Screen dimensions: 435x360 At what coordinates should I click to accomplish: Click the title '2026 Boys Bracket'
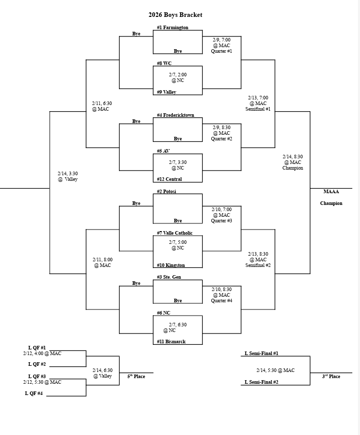point(175,15)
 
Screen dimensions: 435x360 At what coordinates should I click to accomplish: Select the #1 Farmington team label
point(172,28)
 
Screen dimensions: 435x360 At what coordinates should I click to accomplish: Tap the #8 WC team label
point(164,64)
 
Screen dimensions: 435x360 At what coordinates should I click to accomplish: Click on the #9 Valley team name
point(167,92)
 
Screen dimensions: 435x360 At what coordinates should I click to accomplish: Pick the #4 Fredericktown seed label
point(175,115)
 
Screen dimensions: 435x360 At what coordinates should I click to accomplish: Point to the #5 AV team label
point(164,151)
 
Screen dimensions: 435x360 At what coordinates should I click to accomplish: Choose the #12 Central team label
point(169,179)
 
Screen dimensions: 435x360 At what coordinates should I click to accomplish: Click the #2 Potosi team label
point(167,192)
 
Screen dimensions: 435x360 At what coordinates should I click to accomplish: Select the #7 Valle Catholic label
point(174,233)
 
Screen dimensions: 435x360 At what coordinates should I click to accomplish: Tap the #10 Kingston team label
point(171,265)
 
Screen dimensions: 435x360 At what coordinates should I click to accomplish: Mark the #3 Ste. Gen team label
point(169,277)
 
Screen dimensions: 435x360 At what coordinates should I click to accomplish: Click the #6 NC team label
point(164,313)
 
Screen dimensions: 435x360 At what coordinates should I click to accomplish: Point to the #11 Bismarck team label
point(171,341)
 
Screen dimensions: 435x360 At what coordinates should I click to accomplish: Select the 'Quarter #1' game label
point(222,51)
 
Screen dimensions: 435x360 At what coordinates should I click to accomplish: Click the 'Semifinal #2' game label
point(257,265)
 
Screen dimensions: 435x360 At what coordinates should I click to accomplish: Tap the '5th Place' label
point(136,377)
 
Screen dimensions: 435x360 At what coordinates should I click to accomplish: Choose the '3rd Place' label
point(331,377)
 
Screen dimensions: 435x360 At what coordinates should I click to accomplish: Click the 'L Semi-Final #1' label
point(261,354)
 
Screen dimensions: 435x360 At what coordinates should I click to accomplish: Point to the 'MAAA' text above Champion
point(331,192)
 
